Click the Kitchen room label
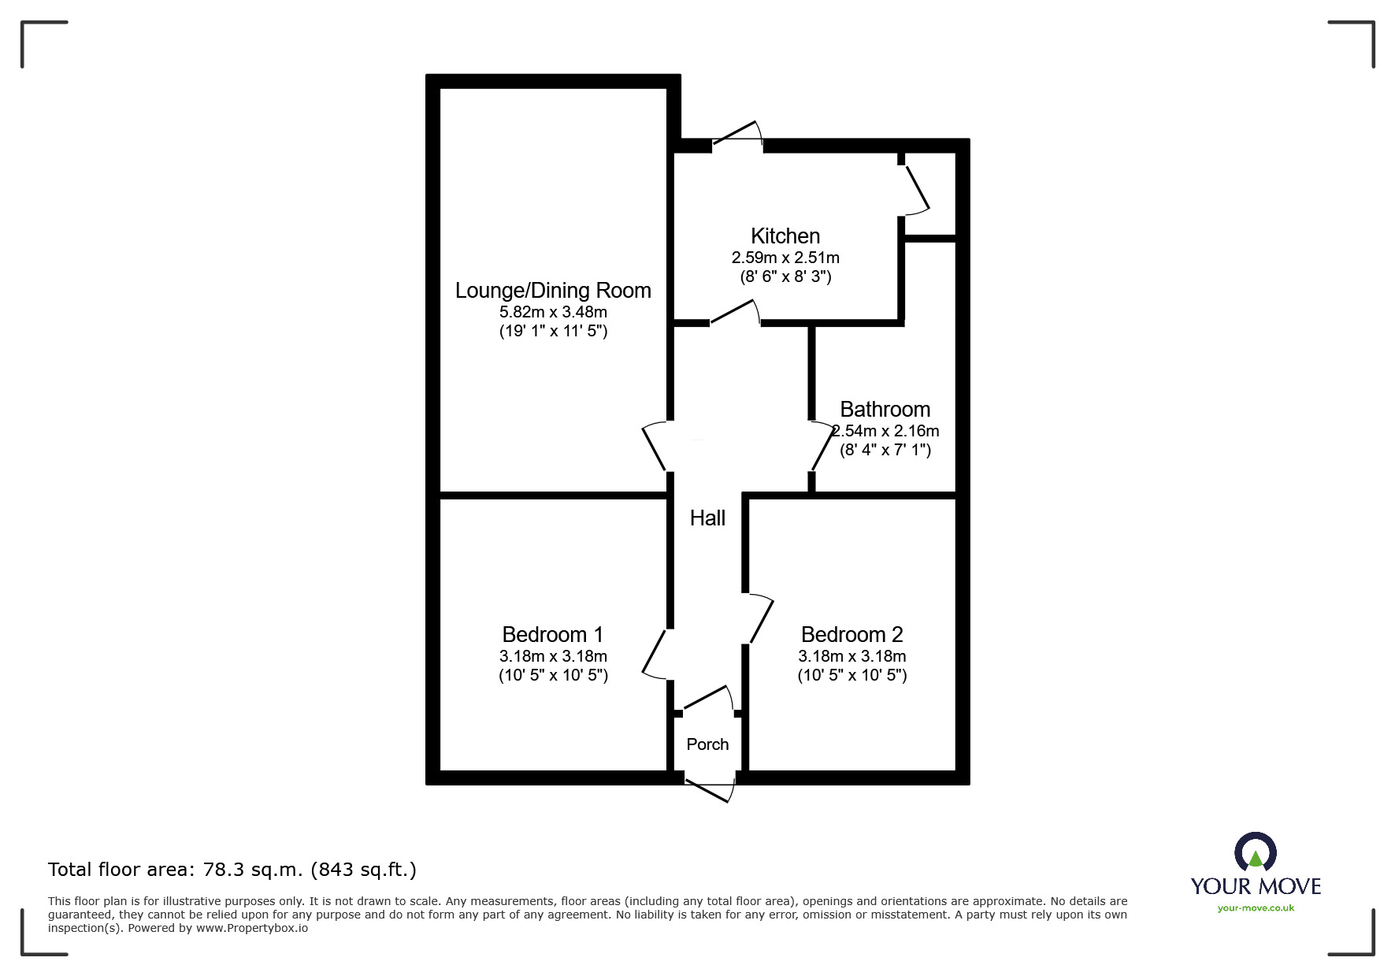point(785,236)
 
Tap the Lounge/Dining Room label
point(553,291)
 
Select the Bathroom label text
point(885,409)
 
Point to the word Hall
point(707,518)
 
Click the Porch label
point(707,744)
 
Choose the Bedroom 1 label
point(553,634)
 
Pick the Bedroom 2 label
point(851,634)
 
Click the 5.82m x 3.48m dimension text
point(553,312)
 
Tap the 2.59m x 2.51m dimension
point(785,258)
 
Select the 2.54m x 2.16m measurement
point(885,431)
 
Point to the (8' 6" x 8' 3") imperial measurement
point(785,276)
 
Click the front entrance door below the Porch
point(710,789)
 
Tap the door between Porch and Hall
point(707,698)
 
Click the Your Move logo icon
point(1255,852)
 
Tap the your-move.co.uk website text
point(1256,908)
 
